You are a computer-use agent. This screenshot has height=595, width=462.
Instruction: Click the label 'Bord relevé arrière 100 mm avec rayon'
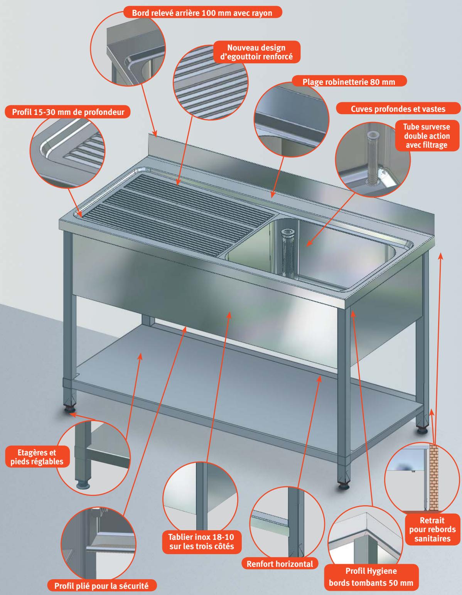tap(202, 13)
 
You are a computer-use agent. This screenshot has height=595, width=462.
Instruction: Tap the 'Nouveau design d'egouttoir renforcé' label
tap(256, 52)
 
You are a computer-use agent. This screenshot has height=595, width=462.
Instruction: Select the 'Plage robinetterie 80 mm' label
tap(349, 82)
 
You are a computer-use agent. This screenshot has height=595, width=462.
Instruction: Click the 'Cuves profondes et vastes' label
tap(398, 109)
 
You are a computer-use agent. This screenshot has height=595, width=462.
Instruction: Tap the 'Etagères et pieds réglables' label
tap(37, 457)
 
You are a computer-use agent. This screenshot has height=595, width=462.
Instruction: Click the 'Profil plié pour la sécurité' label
tap(102, 586)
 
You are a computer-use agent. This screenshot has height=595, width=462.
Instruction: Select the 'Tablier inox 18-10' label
tap(201, 537)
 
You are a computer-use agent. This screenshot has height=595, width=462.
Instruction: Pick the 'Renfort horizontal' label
tap(280, 564)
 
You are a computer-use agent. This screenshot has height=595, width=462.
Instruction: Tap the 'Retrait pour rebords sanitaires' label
tap(432, 529)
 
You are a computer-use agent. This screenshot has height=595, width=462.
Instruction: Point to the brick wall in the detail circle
tap(433, 477)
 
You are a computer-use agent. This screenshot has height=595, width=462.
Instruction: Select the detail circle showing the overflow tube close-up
tap(373, 159)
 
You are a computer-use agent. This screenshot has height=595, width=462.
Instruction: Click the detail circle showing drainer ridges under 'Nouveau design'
tap(211, 83)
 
